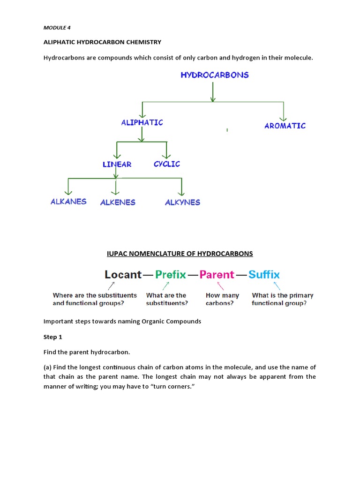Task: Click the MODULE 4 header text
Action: pyautogui.click(x=57, y=28)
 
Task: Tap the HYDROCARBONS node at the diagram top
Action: pyautogui.click(x=215, y=75)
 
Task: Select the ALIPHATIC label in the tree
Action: pyautogui.click(x=142, y=122)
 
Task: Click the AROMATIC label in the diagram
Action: pyautogui.click(x=285, y=126)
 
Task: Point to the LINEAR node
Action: pyautogui.click(x=117, y=164)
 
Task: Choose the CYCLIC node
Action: pyautogui.click(x=167, y=164)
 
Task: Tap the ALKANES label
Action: pyautogui.click(x=69, y=202)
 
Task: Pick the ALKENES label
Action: pyautogui.click(x=118, y=202)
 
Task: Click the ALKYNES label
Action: pyautogui.click(x=182, y=202)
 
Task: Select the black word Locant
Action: pyautogui.click(x=123, y=275)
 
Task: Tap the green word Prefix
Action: pyautogui.click(x=171, y=275)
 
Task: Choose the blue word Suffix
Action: pyautogui.click(x=264, y=275)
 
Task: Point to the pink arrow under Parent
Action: pyautogui.click(x=220, y=285)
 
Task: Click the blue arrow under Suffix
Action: pyautogui.click(x=277, y=285)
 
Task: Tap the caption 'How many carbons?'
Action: pyautogui.click(x=222, y=299)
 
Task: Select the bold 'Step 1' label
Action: pyautogui.click(x=53, y=337)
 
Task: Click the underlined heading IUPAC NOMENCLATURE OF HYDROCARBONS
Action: pyautogui.click(x=180, y=254)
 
